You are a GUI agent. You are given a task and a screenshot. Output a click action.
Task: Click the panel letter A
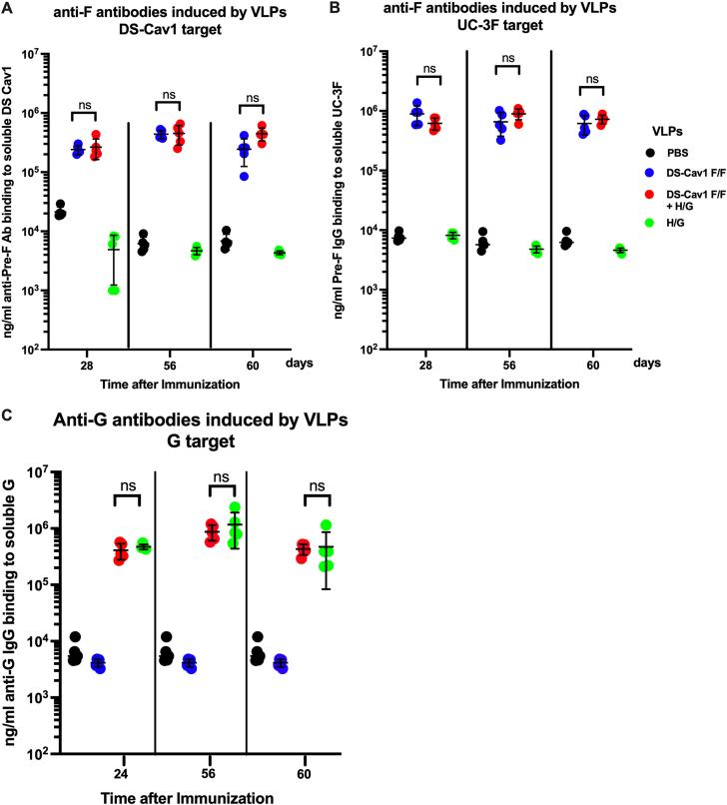[7, 8]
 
